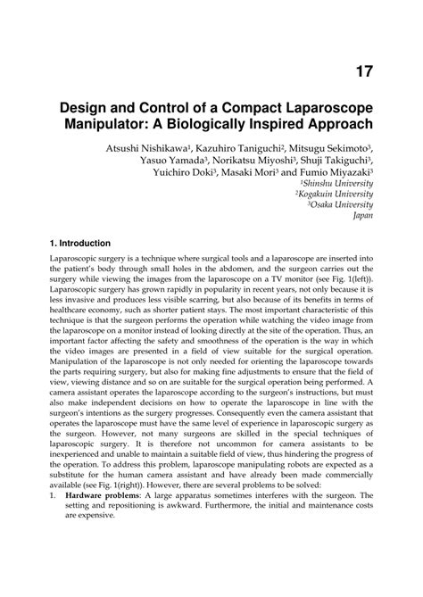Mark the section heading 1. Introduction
(80, 243)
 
